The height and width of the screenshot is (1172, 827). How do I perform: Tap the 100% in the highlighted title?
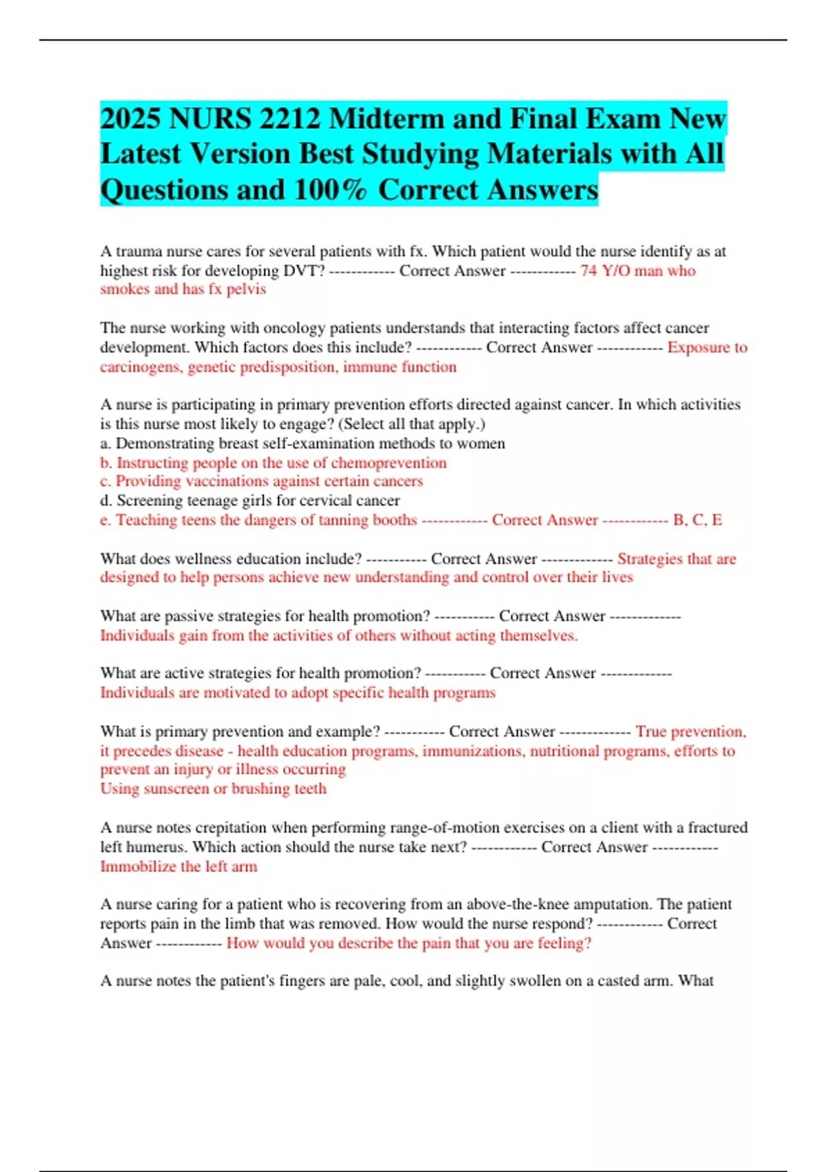[329, 190]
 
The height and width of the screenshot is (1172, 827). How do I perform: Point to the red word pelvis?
[246, 290]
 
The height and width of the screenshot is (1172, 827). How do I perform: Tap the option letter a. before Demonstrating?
[105, 443]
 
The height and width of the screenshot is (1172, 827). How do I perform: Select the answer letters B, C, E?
[697, 520]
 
